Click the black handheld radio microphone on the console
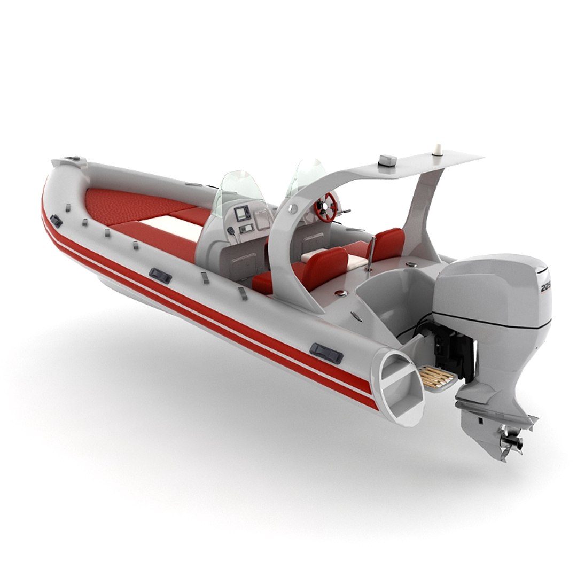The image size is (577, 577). tap(231, 231)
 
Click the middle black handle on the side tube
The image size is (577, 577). tap(160, 276)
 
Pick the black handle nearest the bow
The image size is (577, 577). tap(56, 220)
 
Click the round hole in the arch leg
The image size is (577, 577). tap(292, 207)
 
